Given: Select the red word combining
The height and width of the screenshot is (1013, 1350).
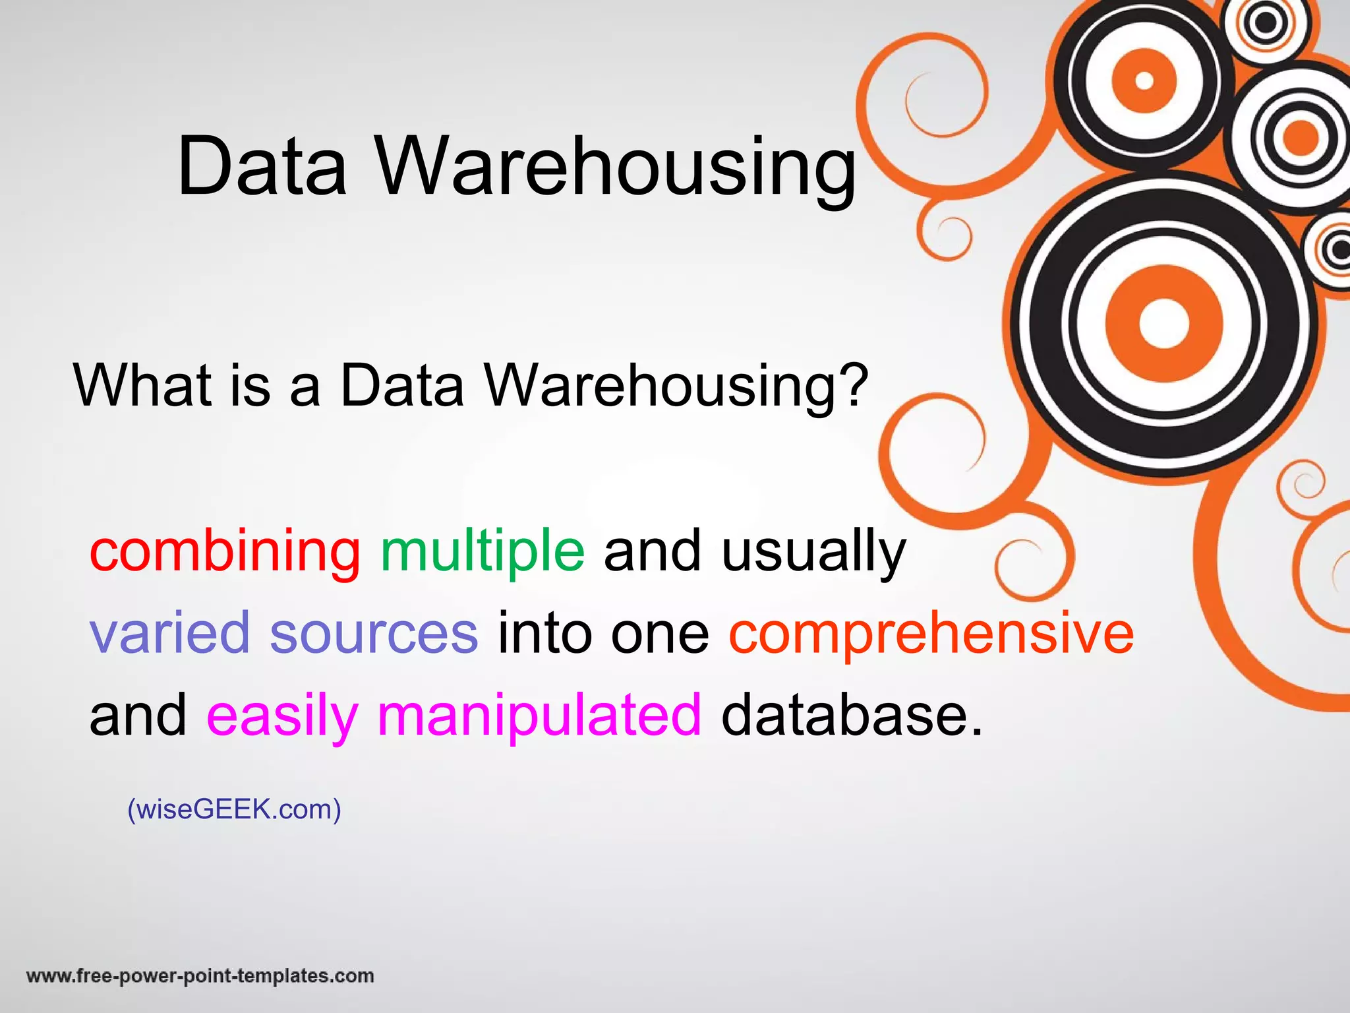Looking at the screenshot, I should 225,551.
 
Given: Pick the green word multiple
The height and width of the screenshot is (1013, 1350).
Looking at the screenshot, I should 483,551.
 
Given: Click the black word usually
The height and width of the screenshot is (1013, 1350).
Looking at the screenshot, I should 813,551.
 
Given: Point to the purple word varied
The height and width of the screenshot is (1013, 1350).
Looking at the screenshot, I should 170,632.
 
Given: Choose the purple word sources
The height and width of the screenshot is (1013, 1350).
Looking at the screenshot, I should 374,632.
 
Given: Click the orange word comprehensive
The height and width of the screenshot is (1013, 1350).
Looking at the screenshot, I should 931,634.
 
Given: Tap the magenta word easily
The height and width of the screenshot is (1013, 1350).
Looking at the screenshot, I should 282,716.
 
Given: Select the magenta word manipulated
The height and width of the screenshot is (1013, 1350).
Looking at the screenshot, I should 539,716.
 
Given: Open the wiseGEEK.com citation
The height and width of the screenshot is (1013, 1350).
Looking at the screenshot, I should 234,809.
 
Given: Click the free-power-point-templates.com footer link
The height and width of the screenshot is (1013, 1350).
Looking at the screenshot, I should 200,975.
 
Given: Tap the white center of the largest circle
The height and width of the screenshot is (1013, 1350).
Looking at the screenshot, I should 1163,324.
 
